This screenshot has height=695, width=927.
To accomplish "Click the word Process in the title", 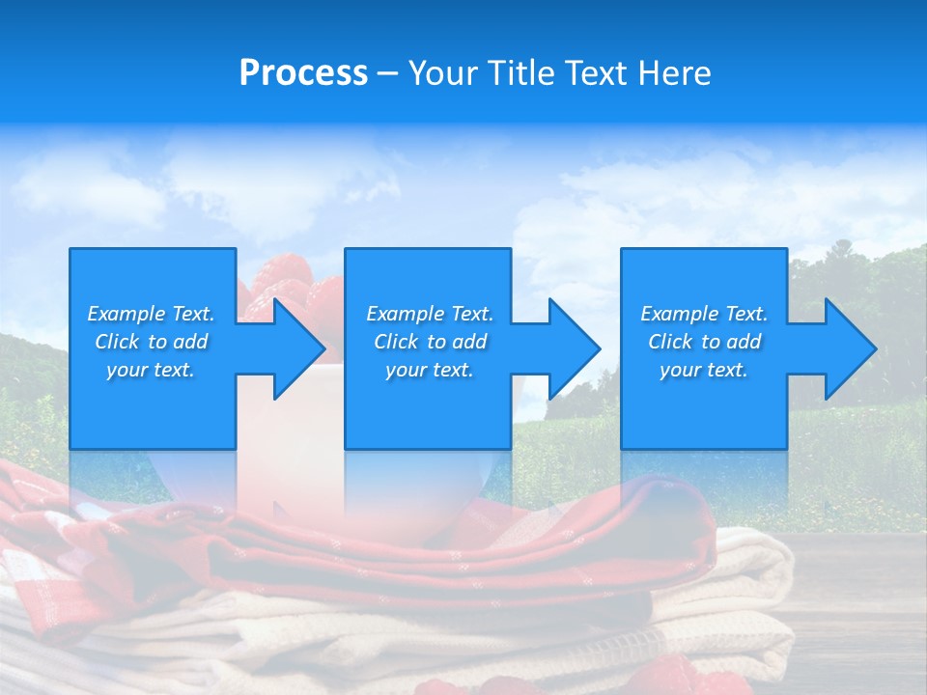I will [303, 73].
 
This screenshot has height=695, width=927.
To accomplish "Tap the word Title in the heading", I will [525, 73].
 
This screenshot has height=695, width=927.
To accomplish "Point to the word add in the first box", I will [190, 342].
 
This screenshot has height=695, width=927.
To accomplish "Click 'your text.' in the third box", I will [703, 370].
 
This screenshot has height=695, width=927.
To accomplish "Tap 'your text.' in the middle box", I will [429, 370].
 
